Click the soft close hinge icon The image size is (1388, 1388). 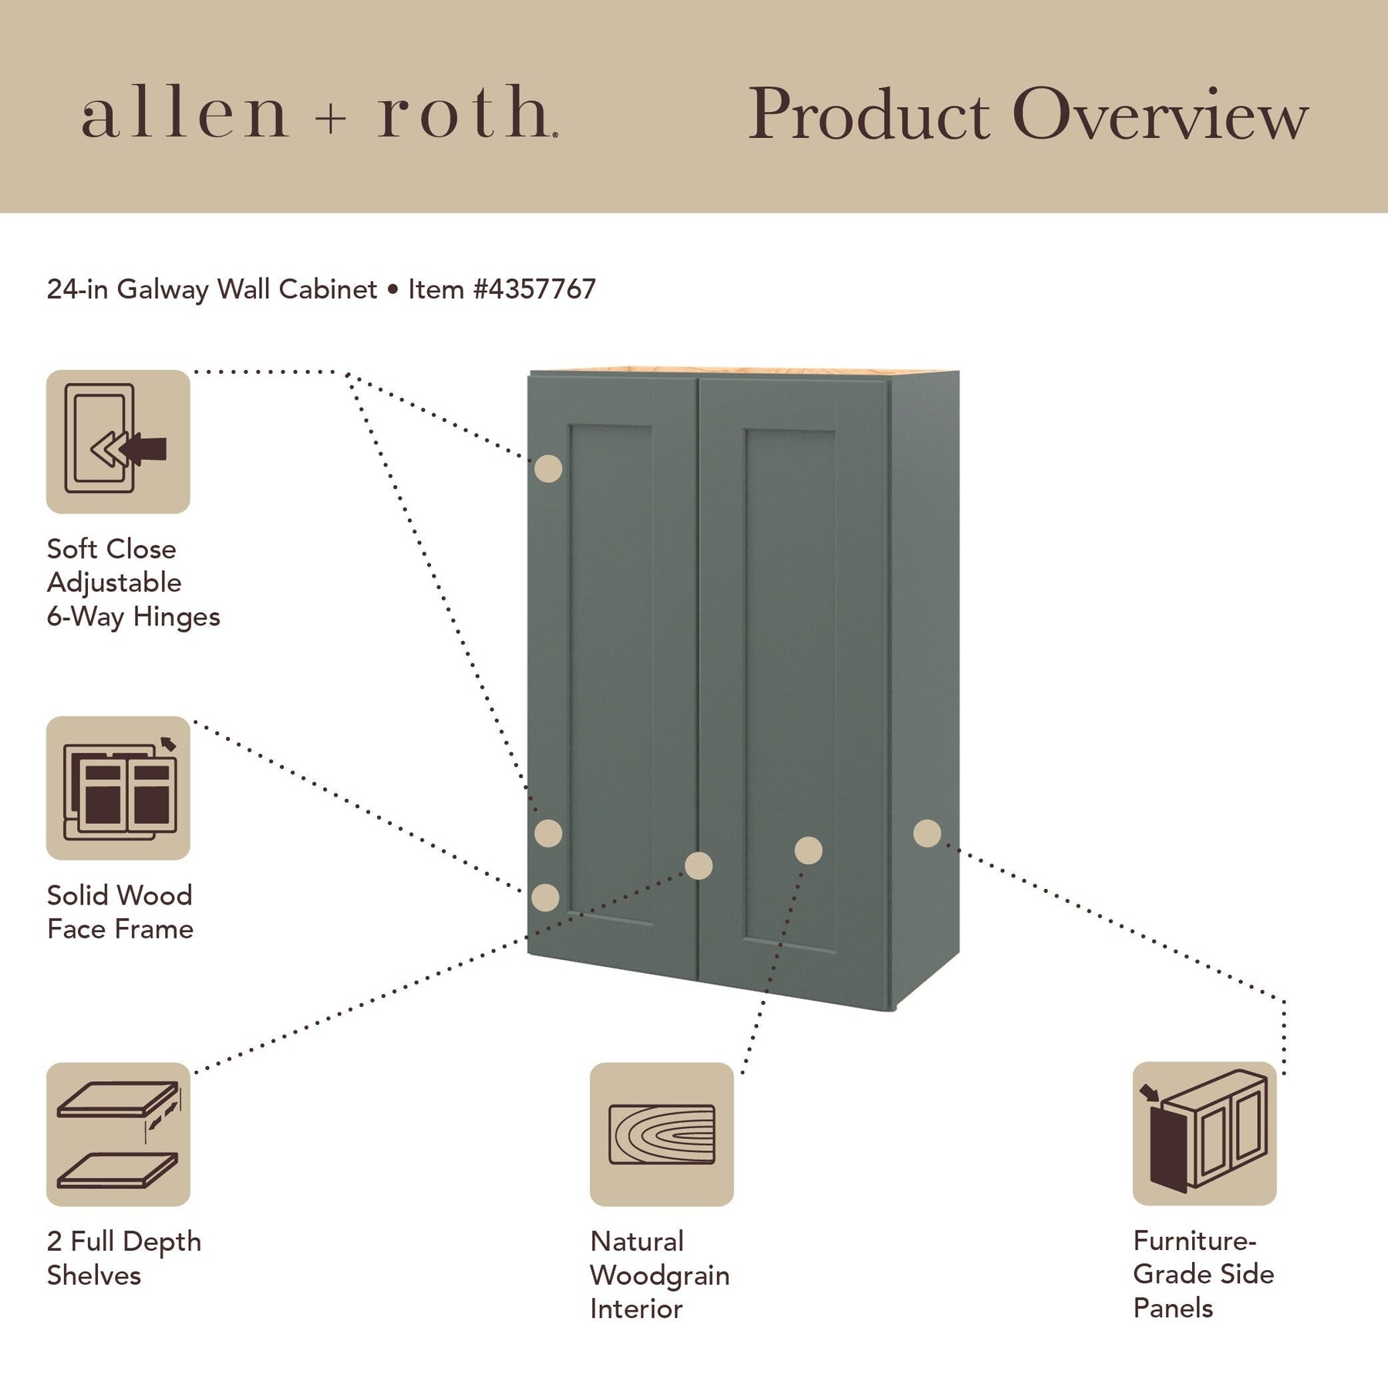click(x=118, y=441)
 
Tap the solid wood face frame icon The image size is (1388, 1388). click(x=118, y=787)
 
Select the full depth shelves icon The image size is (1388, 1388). click(x=118, y=1134)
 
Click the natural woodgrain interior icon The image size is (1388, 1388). click(x=661, y=1134)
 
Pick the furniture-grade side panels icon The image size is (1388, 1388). click(x=1204, y=1133)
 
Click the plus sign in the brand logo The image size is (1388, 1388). click(x=332, y=120)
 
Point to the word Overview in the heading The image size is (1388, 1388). click(x=1161, y=116)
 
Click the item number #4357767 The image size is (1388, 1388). click(x=534, y=289)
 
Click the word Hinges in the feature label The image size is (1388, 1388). click(x=177, y=617)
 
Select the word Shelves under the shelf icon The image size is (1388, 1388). click(x=94, y=1275)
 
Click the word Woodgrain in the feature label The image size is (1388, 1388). click(x=659, y=1275)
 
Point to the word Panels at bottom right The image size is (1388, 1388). click(x=1173, y=1308)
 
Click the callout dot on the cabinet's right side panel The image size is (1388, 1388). click(x=927, y=833)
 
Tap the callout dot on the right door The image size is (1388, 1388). click(x=808, y=851)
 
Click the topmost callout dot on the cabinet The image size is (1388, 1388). click(x=548, y=469)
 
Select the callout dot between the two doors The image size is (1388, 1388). click(x=699, y=865)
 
